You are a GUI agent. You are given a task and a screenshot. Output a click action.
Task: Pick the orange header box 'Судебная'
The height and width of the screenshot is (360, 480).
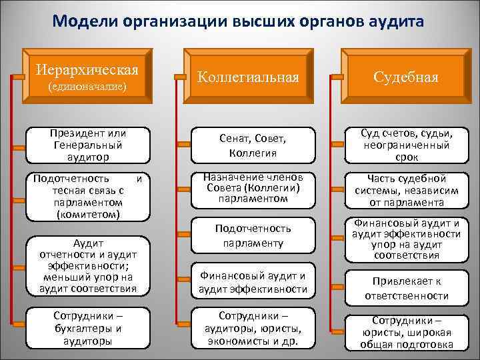pos(405,77)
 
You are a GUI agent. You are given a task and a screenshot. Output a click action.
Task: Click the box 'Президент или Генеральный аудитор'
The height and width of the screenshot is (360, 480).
pos(87,143)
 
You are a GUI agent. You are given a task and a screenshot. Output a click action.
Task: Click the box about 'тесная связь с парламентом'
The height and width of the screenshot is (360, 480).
pos(87,196)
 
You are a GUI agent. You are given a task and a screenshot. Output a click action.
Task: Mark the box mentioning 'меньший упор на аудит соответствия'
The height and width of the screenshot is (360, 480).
pos(87,265)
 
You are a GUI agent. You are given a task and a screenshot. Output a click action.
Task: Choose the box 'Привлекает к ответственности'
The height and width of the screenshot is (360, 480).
pos(405,288)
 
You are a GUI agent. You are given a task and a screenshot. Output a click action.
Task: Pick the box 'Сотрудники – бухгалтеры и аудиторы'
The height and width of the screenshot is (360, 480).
pos(87,326)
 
